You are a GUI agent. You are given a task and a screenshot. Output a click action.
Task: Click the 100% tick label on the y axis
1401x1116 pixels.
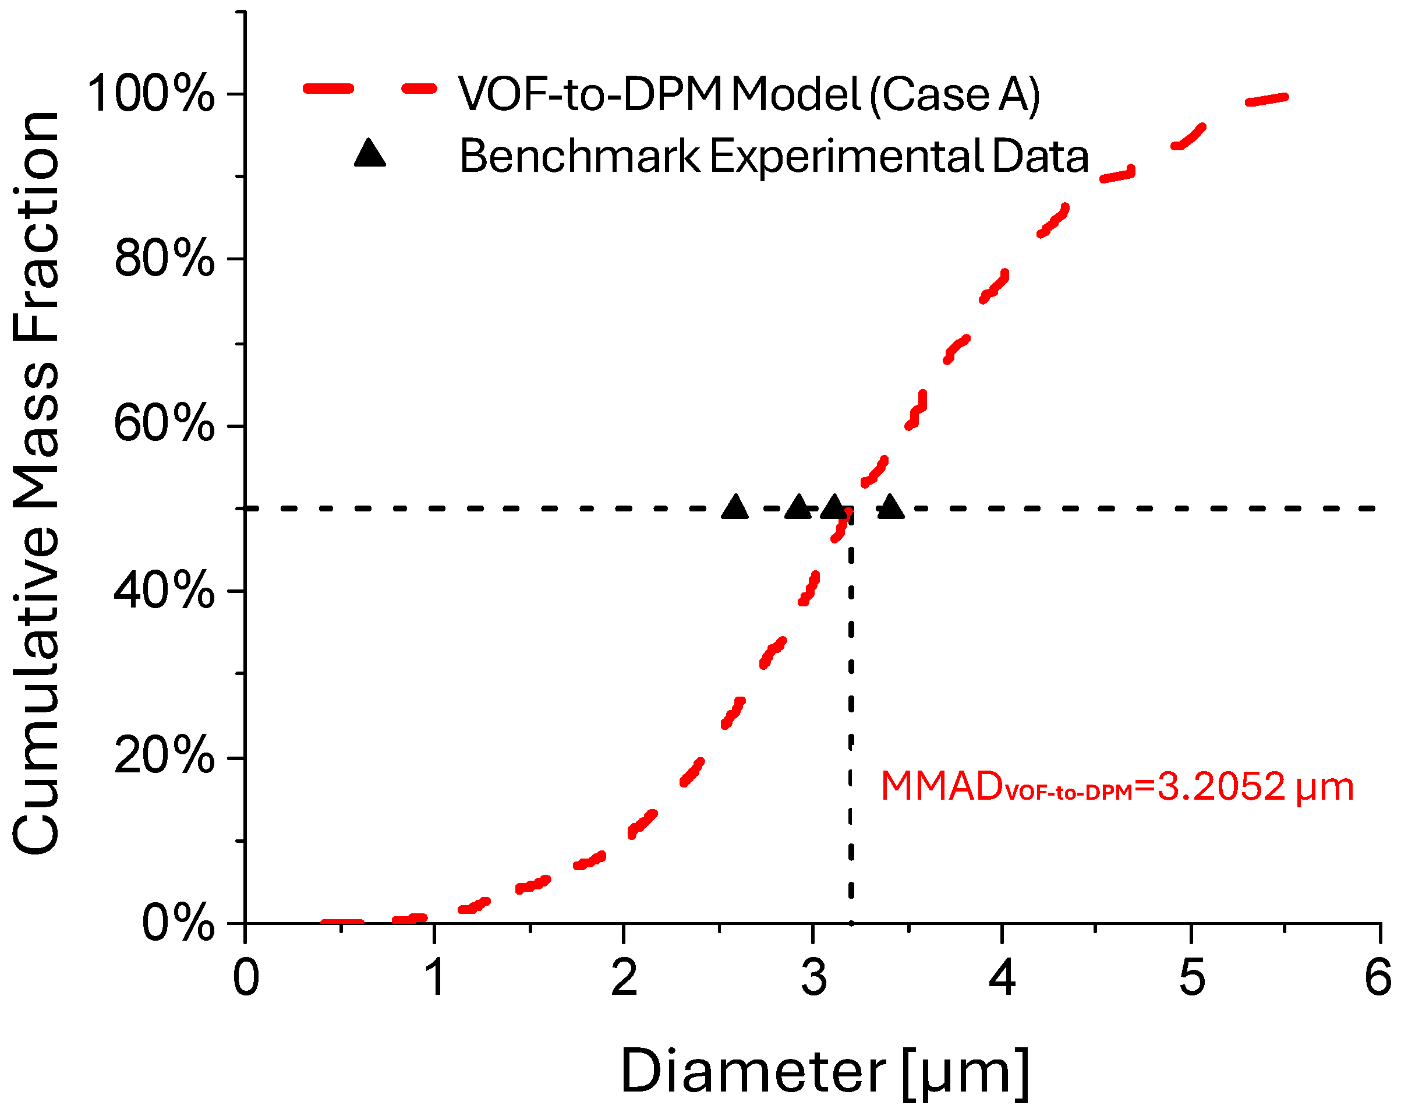click(150, 94)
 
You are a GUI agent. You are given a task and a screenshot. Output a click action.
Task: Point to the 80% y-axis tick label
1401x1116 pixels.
click(164, 259)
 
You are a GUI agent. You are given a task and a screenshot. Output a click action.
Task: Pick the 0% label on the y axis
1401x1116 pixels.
click(178, 923)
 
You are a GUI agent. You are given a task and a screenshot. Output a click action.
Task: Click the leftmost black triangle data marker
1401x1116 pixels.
click(735, 507)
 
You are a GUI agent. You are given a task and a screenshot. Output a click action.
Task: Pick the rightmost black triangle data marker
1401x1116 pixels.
click(891, 507)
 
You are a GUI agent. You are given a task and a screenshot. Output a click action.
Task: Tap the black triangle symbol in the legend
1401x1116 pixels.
click(370, 154)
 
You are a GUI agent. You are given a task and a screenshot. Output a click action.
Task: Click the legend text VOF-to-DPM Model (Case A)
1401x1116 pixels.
click(749, 95)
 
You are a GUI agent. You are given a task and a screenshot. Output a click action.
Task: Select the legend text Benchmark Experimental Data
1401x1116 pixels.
click(773, 157)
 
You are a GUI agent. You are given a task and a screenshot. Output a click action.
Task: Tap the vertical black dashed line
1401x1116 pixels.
click(851, 715)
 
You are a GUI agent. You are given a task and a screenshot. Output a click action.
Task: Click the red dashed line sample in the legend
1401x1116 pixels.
click(370, 89)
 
